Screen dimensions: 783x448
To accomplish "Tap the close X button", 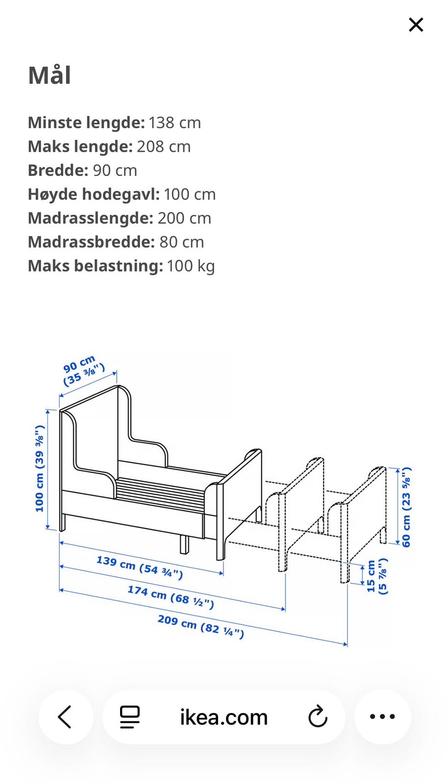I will click(416, 24).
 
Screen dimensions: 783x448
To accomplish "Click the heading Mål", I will click(50, 76).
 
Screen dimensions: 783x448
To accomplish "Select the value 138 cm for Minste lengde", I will click(174, 122).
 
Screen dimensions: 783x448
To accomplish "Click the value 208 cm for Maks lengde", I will click(164, 146).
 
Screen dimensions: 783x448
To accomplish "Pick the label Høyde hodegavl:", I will click(94, 194).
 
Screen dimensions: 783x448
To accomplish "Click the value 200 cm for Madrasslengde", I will click(184, 218).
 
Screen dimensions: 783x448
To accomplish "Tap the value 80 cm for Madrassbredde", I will click(181, 242).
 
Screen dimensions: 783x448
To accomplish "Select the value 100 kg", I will click(191, 266).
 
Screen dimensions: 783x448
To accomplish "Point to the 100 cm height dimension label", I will click(40, 468).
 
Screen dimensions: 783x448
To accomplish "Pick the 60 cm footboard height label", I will click(406, 507).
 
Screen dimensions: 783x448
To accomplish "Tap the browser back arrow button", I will click(65, 717).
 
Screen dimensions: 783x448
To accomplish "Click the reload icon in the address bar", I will click(318, 717).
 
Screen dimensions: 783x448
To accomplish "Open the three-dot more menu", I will click(382, 717).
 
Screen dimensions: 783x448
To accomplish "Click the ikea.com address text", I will click(224, 717).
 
